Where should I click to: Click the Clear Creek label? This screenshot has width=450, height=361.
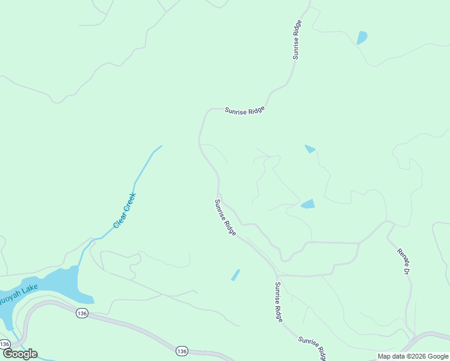point(125,211)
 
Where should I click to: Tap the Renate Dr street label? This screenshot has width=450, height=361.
point(402,261)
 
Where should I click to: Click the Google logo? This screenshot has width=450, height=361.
point(19,354)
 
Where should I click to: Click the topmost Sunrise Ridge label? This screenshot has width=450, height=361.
point(297,40)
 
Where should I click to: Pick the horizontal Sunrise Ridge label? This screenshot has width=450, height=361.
point(245,111)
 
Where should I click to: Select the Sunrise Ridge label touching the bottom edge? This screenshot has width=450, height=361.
point(312,348)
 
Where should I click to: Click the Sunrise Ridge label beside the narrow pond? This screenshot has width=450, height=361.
point(279,302)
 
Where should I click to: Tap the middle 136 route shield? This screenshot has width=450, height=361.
point(82,313)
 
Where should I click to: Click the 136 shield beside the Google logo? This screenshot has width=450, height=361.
point(5,344)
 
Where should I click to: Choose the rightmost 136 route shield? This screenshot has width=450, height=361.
point(181,350)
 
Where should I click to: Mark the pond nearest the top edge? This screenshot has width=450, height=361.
point(362,37)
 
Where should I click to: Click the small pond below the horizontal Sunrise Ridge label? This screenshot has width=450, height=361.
point(310,149)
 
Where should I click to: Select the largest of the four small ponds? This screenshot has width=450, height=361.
point(308,204)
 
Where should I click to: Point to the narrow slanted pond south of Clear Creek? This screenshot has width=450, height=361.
point(235,275)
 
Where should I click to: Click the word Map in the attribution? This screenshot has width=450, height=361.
point(385,356)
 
